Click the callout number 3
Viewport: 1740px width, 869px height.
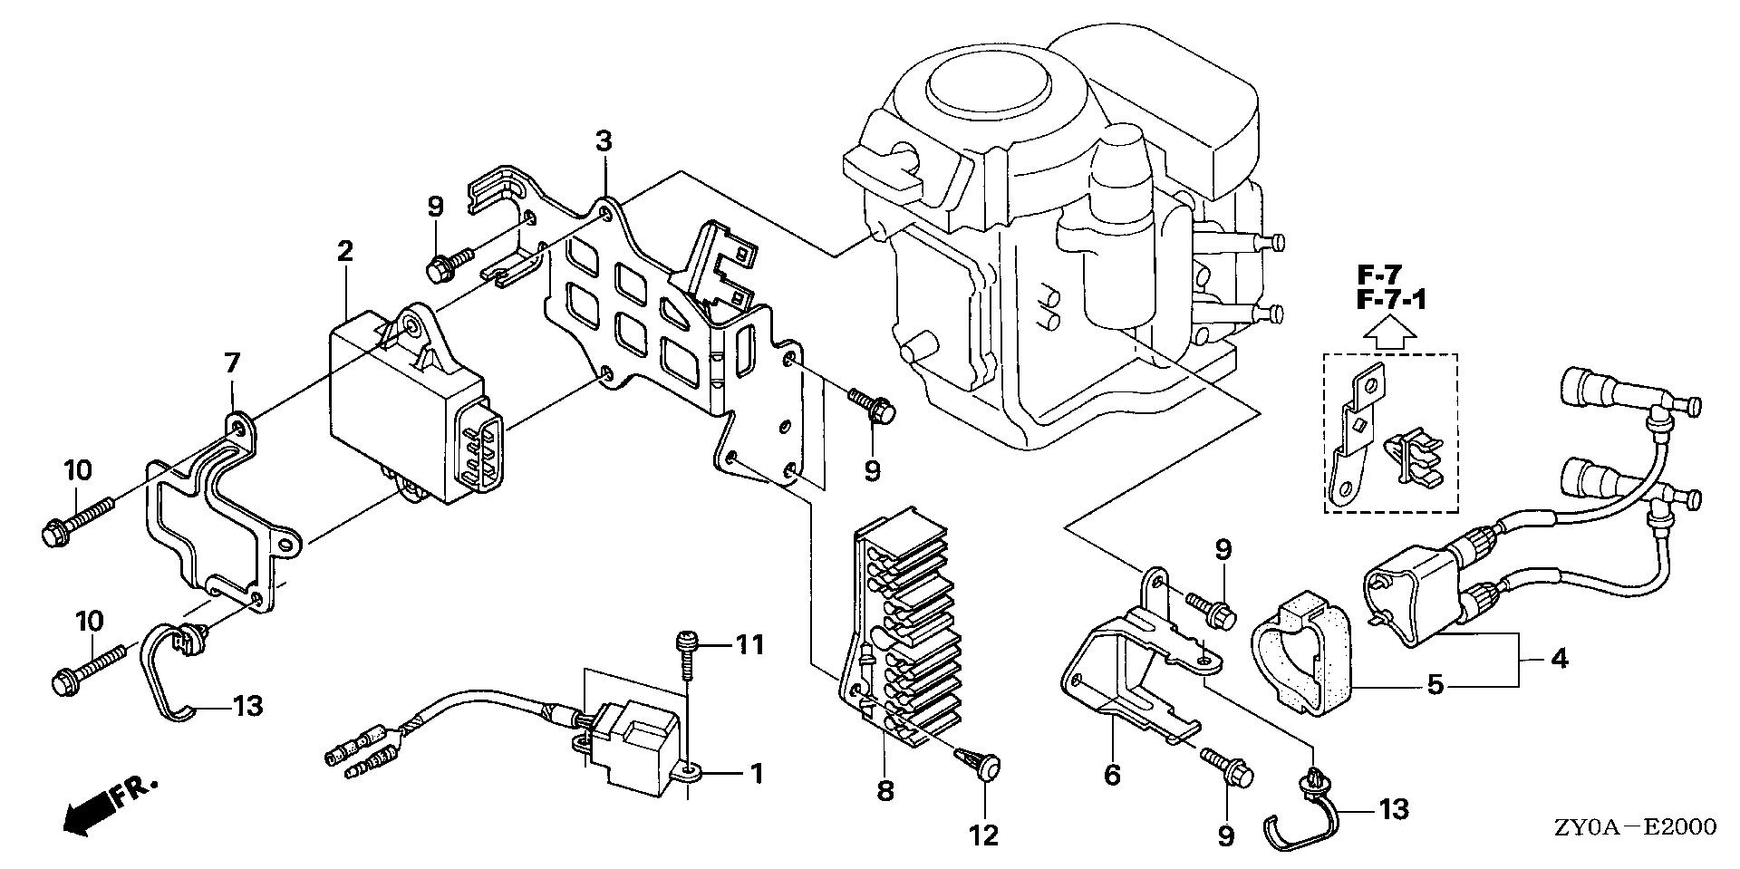point(604,141)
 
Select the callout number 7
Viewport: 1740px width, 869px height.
point(232,363)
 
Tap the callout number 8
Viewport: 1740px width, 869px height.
point(885,790)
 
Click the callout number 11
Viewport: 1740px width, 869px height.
point(749,645)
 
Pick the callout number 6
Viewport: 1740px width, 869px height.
point(1112,775)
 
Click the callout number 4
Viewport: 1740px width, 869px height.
point(1559,659)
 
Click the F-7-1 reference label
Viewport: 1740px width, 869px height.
point(1392,299)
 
